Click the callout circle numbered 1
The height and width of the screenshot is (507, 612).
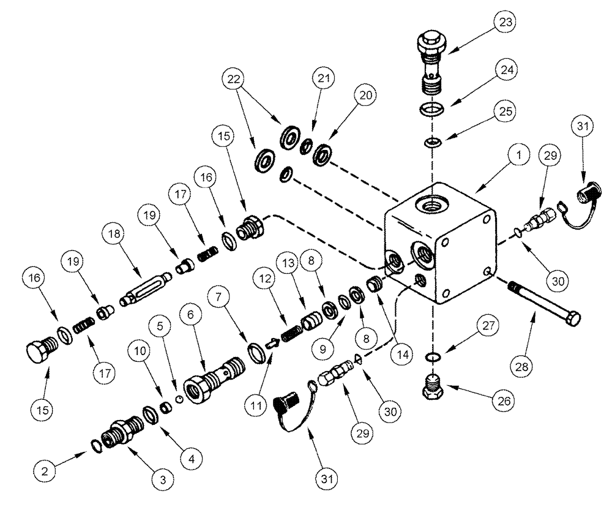(518, 156)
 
